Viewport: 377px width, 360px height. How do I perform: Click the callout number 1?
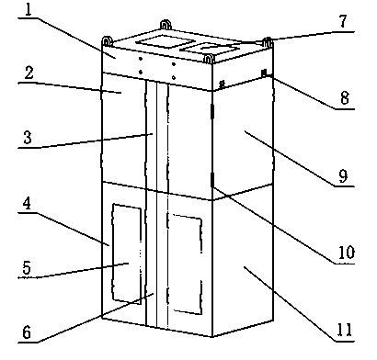29,10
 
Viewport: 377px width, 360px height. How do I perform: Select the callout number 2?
29,73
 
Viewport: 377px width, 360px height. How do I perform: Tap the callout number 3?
28,138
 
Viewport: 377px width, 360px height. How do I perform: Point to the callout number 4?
27,203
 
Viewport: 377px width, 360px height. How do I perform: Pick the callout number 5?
27,268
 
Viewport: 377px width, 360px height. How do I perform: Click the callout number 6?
27,332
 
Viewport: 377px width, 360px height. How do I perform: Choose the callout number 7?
343,21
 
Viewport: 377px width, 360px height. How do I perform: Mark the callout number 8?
345,98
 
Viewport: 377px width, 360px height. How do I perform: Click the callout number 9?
343,175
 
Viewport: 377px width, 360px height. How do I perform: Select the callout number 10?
347,253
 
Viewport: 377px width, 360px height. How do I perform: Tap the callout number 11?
345,330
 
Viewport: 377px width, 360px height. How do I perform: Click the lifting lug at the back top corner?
166,25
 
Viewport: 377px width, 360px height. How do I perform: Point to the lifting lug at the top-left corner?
107,41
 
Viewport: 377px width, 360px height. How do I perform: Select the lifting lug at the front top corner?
209,59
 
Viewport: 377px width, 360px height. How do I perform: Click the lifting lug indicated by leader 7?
268,42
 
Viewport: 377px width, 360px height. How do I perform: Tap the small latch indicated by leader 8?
265,73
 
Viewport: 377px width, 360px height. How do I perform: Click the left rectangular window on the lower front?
127,254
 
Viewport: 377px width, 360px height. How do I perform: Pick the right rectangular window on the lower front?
185,264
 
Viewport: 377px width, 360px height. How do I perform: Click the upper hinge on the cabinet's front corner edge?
211,111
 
